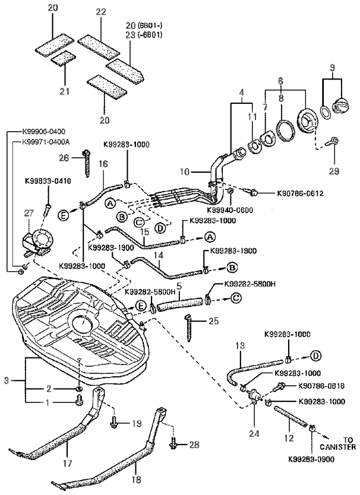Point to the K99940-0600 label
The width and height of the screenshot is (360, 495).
click(x=230, y=210)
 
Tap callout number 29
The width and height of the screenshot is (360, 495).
click(x=334, y=171)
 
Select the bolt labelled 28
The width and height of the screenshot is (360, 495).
click(x=174, y=443)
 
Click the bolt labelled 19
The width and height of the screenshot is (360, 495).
click(x=115, y=424)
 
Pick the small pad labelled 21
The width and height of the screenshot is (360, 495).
click(x=63, y=58)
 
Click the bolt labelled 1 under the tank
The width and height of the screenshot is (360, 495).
click(x=78, y=403)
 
